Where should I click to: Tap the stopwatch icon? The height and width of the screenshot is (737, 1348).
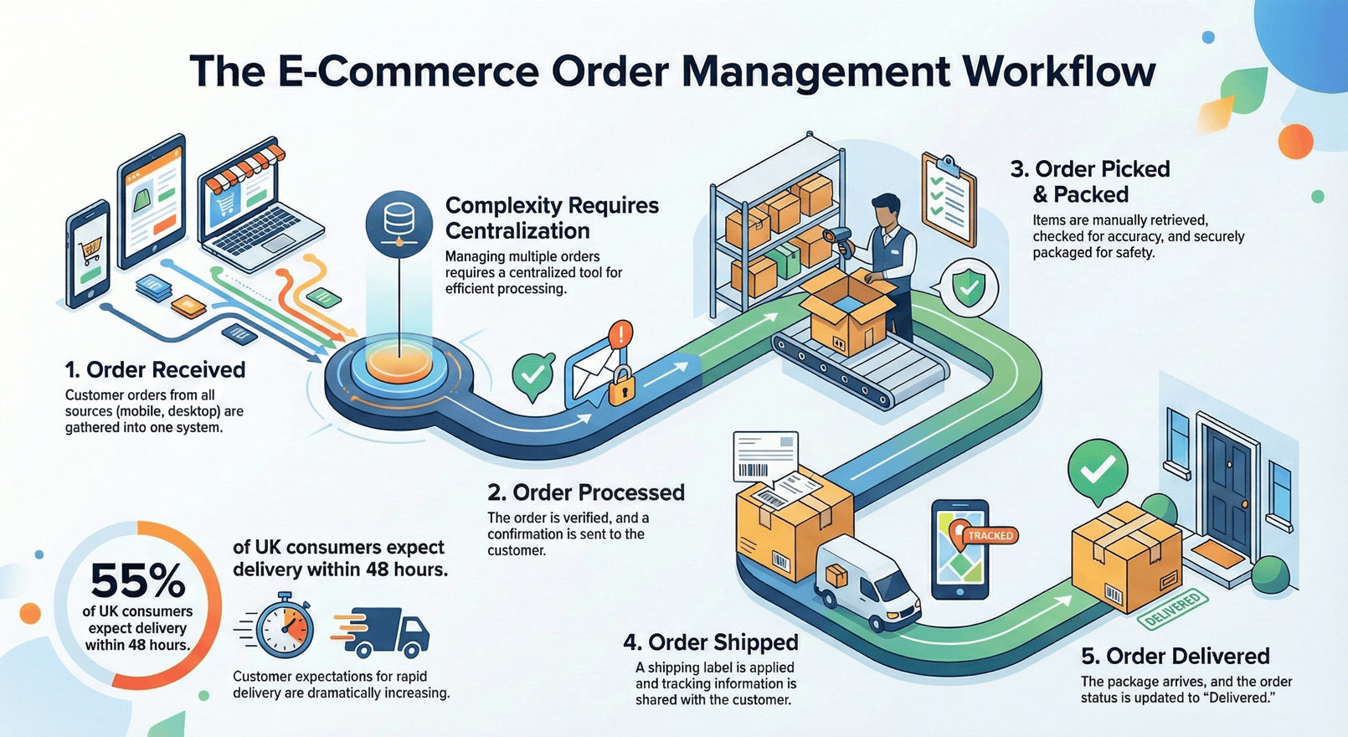point(285,627)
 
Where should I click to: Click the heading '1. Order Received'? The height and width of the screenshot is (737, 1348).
point(156,370)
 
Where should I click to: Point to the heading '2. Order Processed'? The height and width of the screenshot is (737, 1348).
point(586,492)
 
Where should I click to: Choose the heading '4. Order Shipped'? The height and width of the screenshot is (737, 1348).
point(711,642)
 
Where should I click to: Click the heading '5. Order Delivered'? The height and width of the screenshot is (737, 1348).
point(1175,656)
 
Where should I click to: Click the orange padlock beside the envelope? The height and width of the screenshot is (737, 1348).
point(620,385)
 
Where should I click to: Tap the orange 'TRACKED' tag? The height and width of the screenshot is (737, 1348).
point(990,535)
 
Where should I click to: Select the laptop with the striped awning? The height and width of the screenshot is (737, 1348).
point(255,209)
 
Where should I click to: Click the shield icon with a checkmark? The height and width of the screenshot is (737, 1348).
point(970,287)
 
